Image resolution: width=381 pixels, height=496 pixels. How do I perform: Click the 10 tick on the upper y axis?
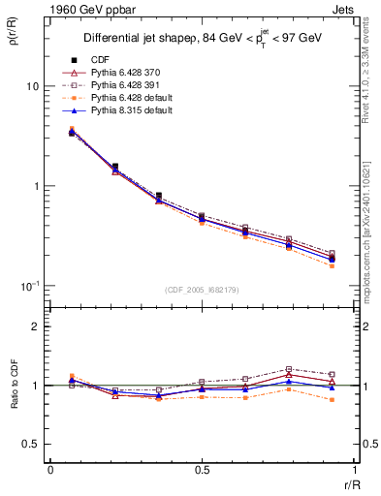point(32,86)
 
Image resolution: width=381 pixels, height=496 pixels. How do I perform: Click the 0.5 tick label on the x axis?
point(202,470)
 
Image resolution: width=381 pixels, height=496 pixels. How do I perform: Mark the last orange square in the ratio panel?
point(333,399)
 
